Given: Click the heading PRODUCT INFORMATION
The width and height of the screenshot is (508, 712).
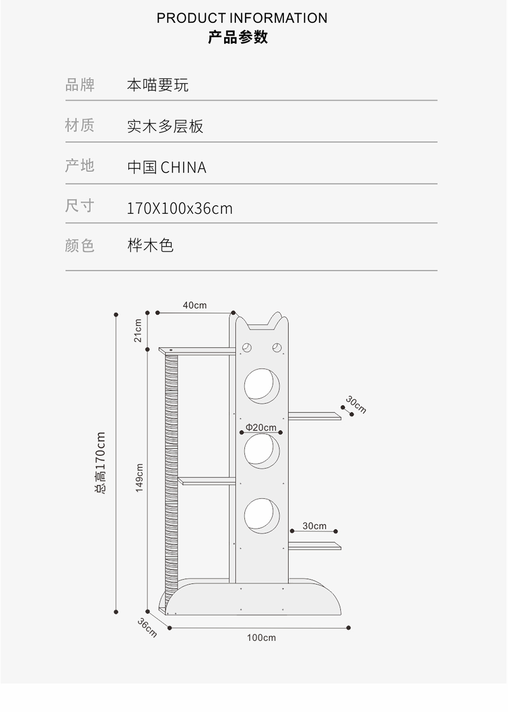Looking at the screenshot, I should pyautogui.click(x=242, y=18).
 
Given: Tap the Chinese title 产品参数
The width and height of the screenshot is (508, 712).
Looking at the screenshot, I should pyautogui.click(x=238, y=37).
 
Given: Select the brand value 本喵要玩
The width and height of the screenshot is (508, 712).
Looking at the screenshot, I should pyautogui.click(x=158, y=85).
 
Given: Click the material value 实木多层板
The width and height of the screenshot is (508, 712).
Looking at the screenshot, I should pyautogui.click(x=165, y=126).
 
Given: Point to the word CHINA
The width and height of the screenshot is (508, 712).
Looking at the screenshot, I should pyautogui.click(x=183, y=168).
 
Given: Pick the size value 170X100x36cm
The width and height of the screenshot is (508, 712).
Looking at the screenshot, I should pyautogui.click(x=180, y=208).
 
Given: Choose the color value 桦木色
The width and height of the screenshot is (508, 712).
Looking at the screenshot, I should pyautogui.click(x=150, y=246).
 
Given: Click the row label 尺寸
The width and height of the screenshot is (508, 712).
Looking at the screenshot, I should pyautogui.click(x=80, y=206).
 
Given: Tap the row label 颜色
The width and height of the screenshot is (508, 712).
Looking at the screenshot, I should pyautogui.click(x=80, y=246).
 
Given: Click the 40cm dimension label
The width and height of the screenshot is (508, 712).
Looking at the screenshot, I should pyautogui.click(x=195, y=306).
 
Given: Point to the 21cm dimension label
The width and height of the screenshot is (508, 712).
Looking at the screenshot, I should pyautogui.click(x=138, y=331).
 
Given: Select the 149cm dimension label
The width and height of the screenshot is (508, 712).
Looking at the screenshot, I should pyautogui.click(x=140, y=478).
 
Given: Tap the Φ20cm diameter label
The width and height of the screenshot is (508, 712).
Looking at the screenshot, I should pyautogui.click(x=261, y=427).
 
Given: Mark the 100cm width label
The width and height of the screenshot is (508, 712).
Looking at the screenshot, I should pyautogui.click(x=261, y=638).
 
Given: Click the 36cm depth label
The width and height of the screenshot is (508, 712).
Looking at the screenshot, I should pyautogui.click(x=147, y=628).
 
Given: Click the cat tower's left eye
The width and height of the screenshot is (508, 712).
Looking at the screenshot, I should pyautogui.click(x=247, y=348).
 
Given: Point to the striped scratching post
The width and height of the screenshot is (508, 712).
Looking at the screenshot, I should pyautogui.click(x=171, y=470).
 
